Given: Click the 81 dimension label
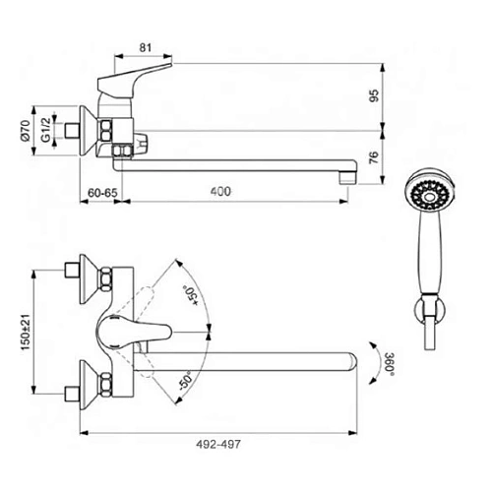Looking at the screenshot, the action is tap(146, 48).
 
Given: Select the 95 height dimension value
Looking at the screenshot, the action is tap(374, 95).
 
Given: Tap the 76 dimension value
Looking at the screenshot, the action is tap(374, 157).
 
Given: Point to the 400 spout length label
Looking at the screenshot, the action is tap(220, 192).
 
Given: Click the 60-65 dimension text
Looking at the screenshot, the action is tap(102, 193).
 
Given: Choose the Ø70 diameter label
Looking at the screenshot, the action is tap(26, 130).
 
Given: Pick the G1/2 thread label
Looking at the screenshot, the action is tap(46, 130).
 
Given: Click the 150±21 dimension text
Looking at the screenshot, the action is tap(26, 332).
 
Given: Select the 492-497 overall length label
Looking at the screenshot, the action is tap(218, 445).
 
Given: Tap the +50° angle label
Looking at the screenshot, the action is tap(191, 295).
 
